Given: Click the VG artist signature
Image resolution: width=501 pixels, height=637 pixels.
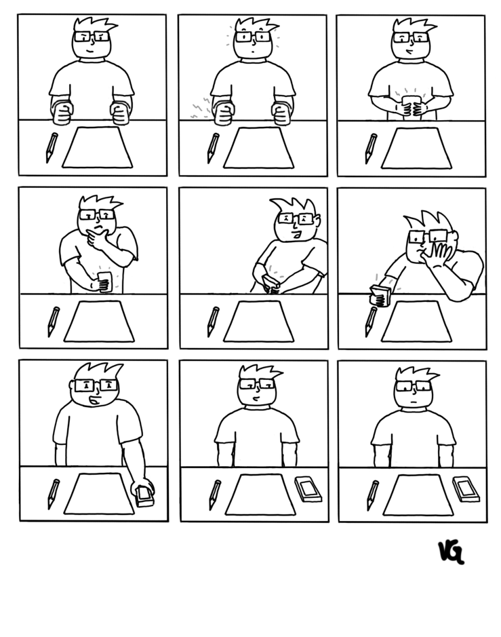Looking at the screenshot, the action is (x=451, y=552).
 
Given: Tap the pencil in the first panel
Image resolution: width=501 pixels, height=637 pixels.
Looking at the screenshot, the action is (x=52, y=147).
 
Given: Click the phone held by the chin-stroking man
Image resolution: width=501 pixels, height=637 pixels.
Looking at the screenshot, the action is (x=105, y=282).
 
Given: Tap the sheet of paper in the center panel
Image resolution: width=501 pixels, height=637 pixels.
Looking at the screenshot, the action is (x=258, y=322).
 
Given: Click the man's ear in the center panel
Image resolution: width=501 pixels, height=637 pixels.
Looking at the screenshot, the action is (x=318, y=221).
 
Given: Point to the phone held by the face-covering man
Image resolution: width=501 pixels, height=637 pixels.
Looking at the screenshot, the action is (x=380, y=295).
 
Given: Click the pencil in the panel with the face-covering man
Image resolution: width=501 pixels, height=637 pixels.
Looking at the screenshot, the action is (x=371, y=322).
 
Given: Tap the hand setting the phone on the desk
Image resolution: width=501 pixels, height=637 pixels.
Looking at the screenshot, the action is (x=143, y=490).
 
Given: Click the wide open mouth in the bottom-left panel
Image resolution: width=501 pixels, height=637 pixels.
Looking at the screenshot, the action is (x=94, y=401).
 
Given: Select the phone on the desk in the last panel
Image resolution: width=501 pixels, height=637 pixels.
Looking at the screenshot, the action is (x=466, y=488).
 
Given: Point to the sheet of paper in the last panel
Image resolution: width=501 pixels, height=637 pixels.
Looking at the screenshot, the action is (x=418, y=495).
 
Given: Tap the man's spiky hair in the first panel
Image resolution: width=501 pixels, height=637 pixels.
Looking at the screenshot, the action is (x=94, y=25).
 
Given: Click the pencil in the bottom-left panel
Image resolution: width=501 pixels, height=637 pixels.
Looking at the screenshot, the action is (x=53, y=495).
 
